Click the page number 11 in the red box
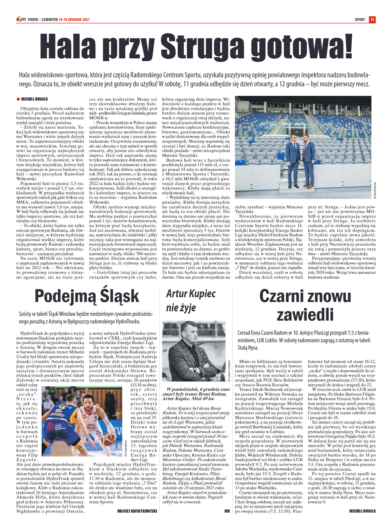372,20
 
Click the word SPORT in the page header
360,20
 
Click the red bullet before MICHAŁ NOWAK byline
18,99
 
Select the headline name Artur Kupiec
191,294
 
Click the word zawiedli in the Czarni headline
305,315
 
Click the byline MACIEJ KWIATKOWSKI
137,511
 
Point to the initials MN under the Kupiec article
227,511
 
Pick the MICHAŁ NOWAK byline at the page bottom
363,511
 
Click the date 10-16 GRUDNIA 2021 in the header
74,20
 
